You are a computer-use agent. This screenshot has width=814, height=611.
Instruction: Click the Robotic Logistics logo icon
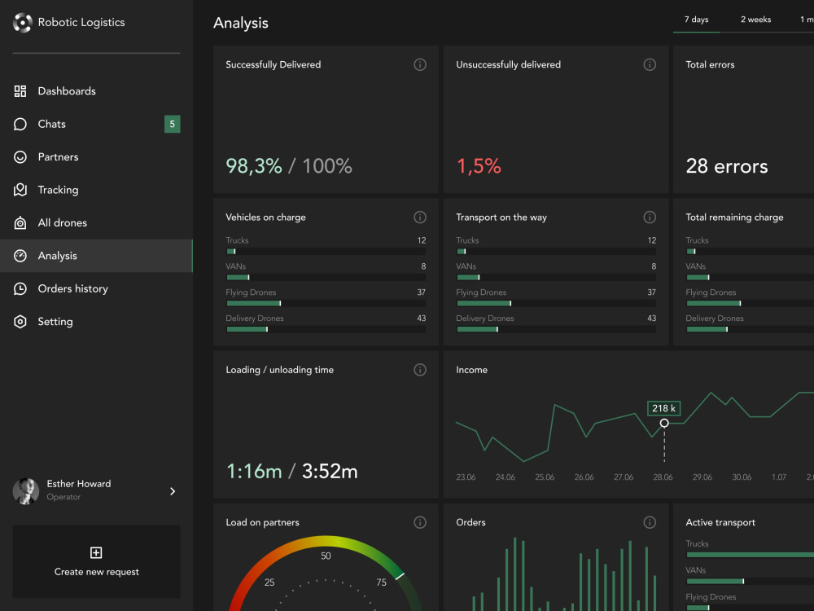(22, 22)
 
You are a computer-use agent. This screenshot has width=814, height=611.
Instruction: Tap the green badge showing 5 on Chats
(173, 124)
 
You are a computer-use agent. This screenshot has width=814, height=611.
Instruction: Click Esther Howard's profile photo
(25, 491)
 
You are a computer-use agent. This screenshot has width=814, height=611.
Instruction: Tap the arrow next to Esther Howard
(173, 491)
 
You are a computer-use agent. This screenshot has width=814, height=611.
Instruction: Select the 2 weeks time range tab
(755, 20)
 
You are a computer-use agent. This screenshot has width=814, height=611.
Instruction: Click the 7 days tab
(696, 20)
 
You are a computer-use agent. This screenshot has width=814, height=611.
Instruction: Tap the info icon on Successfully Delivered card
(420, 64)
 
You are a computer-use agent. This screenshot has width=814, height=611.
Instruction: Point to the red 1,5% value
(479, 166)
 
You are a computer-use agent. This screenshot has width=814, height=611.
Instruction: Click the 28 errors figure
(726, 166)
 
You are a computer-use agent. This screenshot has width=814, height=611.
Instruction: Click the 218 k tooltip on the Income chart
(663, 408)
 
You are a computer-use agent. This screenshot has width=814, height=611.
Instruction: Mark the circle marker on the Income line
(664, 423)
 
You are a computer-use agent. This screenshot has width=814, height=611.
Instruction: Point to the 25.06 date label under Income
(545, 477)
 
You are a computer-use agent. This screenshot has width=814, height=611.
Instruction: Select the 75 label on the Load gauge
(381, 582)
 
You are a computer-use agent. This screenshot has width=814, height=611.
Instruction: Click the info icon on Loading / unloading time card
(420, 370)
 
